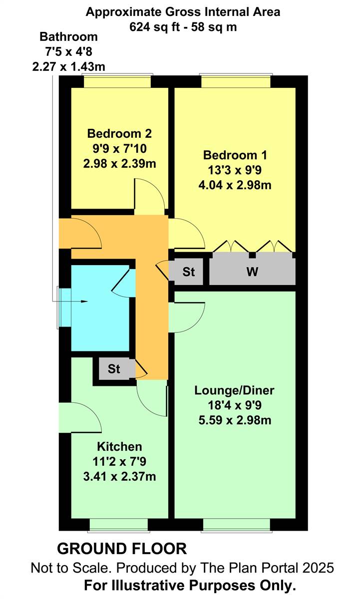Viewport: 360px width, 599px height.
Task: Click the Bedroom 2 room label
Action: [x=119, y=133]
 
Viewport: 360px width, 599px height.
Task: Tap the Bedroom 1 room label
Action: [x=235, y=155]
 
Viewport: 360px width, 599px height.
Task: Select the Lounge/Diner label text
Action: [x=234, y=390]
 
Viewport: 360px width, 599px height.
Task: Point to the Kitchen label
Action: [x=119, y=447]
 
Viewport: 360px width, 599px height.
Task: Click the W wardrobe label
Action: [x=252, y=272]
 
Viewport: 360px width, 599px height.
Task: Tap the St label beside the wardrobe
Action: [x=189, y=272]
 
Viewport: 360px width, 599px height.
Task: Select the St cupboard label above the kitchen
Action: [x=114, y=369]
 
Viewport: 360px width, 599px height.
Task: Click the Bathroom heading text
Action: [x=68, y=37]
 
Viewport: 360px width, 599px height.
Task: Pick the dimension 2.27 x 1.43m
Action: [x=68, y=66]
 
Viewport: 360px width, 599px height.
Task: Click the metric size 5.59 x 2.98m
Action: [x=235, y=420]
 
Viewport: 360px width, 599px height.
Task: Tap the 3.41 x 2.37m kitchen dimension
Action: [x=119, y=476]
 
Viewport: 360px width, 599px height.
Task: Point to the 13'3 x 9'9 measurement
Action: [x=235, y=170]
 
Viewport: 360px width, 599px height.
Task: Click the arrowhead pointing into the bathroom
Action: [x=84, y=301]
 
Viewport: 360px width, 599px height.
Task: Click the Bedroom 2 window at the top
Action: [x=117, y=81]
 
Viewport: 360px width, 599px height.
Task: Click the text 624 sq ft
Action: [x=154, y=27]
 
